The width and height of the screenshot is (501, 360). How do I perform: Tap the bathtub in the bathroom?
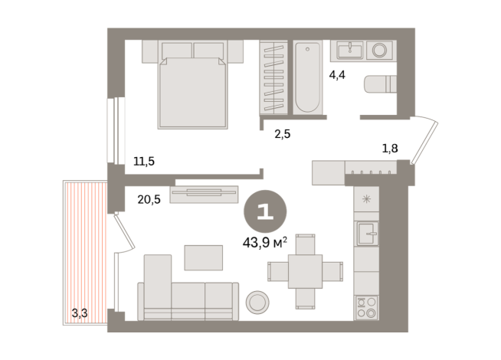pos(307,77)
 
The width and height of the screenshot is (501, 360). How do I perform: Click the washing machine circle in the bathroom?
pos(379,51)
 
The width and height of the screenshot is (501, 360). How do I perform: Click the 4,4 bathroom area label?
pos(338,75)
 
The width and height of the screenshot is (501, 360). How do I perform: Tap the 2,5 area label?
pos(283,134)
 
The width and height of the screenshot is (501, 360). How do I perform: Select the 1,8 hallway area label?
pos(390,148)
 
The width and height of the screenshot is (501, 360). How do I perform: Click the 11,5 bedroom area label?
pos(143,162)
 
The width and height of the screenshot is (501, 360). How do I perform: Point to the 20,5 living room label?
pos(149,199)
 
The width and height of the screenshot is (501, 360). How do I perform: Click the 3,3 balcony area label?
pos(80,312)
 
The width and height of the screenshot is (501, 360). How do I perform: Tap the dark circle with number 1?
pos(264,212)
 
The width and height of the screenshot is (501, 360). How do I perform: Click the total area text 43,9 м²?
pos(264,243)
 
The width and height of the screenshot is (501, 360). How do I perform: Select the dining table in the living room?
pos(305,271)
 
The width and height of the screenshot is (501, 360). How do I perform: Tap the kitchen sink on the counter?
pos(367,232)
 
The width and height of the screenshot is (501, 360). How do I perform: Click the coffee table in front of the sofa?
pos(202,257)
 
